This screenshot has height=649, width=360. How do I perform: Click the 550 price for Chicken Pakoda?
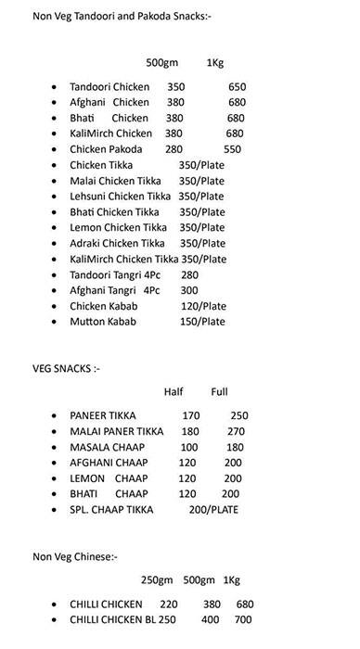[232, 149]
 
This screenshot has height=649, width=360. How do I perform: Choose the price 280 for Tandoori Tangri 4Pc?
[190, 274]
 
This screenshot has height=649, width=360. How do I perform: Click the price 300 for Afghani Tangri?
[190, 290]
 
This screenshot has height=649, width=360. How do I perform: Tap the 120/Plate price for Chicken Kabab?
[203, 306]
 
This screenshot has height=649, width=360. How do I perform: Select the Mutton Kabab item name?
[104, 322]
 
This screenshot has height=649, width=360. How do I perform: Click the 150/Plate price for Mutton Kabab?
[203, 322]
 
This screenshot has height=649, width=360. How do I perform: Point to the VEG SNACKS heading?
[65, 369]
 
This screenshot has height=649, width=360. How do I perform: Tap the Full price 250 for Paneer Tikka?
[239, 415]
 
